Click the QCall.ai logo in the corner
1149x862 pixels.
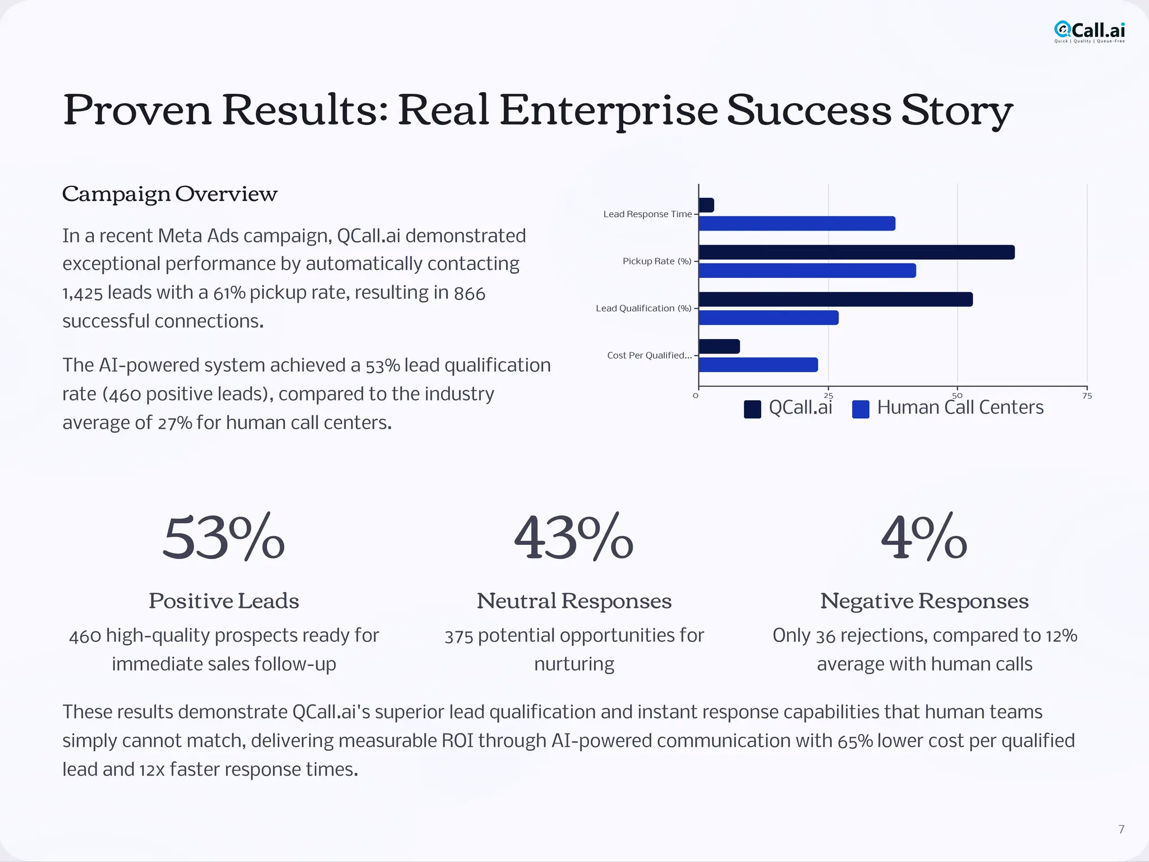tap(1089, 31)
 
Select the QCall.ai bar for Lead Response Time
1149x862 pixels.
tap(706, 205)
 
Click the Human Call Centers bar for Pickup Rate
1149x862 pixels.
tap(807, 270)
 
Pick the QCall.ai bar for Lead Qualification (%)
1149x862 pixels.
tap(835, 299)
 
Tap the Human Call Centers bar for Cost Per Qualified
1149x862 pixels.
tap(758, 365)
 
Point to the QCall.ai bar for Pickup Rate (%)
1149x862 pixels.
tap(856, 253)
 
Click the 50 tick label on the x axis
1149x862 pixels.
tap(957, 396)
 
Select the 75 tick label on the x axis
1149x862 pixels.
tap(1087, 396)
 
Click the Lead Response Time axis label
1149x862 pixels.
tap(647, 214)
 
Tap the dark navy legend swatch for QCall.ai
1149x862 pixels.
tap(752, 409)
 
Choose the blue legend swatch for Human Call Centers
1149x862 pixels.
tap(860, 409)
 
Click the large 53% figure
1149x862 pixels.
tap(223, 538)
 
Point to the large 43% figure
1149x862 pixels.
tap(573, 538)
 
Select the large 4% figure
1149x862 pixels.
tap(924, 538)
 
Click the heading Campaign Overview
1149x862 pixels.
tap(169, 194)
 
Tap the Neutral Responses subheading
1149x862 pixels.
tap(574, 601)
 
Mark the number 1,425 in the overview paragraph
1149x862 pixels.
tap(82, 293)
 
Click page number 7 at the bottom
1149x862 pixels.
tap(1121, 829)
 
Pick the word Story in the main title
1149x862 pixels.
tap(957, 110)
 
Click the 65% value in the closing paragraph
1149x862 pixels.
tap(855, 741)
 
